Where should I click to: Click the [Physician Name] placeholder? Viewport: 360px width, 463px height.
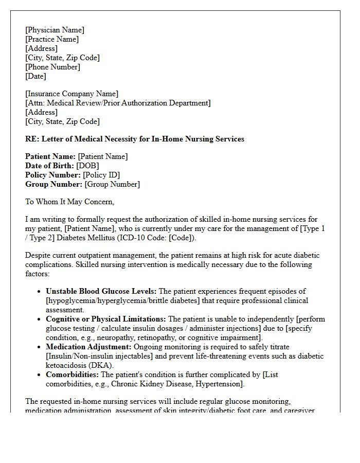tap(55, 30)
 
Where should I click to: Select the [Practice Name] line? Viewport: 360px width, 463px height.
tap(52, 39)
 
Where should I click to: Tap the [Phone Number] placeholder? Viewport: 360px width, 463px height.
tap(52, 67)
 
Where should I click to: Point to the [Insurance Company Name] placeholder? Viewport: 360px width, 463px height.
tap(71, 94)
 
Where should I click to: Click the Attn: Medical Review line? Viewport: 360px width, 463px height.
tap(118, 103)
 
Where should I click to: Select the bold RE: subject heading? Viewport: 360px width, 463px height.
tap(135, 139)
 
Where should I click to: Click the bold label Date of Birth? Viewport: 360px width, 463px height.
tap(49, 166)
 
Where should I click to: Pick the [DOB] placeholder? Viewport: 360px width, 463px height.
tap(87, 166)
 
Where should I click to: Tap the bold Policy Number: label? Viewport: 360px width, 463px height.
tap(53, 175)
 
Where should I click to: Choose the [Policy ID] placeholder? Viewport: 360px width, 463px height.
tap(101, 175)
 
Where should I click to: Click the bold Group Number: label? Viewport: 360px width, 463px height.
tap(53, 184)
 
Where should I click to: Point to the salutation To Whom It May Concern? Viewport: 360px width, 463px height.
tap(69, 202)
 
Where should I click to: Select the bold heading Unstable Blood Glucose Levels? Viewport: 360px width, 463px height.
tap(101, 291)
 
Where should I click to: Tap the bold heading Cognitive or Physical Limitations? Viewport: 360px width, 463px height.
tap(106, 319)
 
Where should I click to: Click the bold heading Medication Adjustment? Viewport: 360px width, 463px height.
tap(88, 347)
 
